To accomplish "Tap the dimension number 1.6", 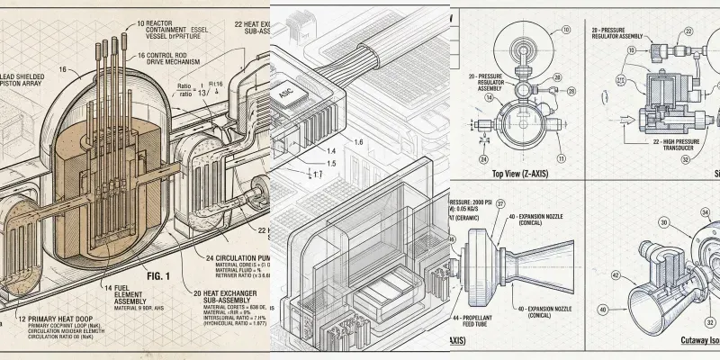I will tap(358, 142).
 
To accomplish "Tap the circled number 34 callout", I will tap(704, 212).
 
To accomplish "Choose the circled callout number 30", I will tap(665, 221).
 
